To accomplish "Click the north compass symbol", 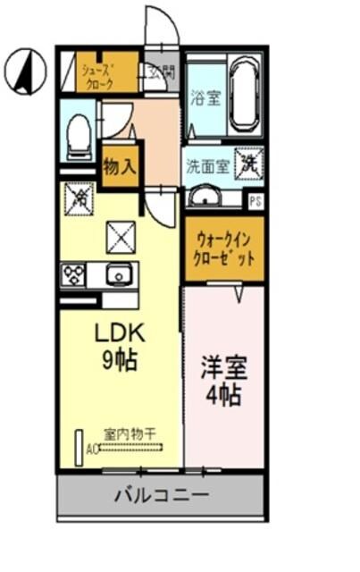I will (x=23, y=72).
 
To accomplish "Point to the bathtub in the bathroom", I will (x=244, y=93).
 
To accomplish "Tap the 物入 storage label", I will (x=119, y=167).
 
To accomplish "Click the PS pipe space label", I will (x=255, y=201).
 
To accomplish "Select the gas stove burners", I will (x=74, y=274).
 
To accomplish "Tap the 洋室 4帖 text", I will (x=224, y=382).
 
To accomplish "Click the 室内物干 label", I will (x=130, y=433).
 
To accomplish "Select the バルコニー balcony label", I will (x=162, y=495).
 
